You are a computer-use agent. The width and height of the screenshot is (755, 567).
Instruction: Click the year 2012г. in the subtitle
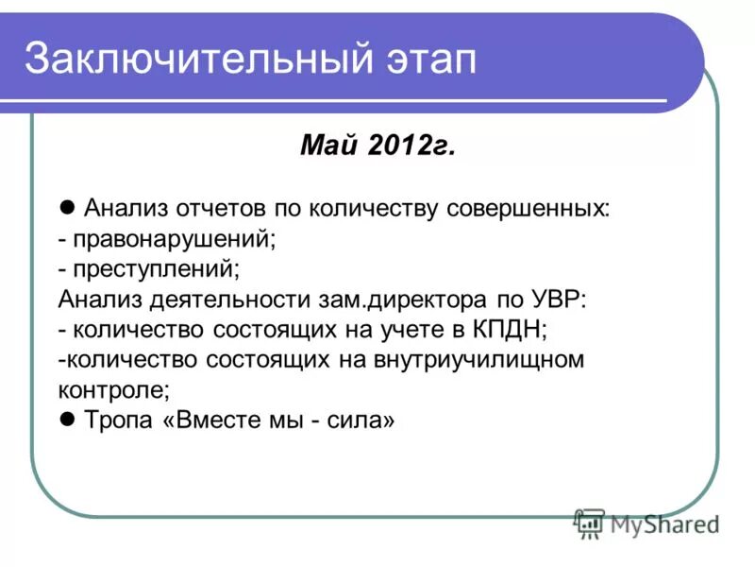tap(411, 146)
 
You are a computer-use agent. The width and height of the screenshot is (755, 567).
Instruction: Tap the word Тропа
tap(118, 421)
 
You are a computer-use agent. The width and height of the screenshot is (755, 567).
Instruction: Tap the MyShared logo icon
tap(590, 524)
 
